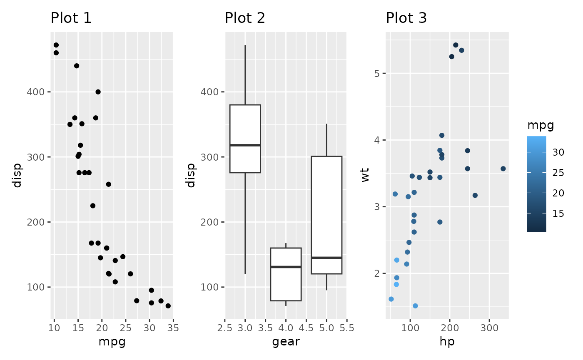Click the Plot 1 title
point(71,18)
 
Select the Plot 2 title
point(245,18)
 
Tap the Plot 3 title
point(406,18)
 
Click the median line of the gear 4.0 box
point(286,267)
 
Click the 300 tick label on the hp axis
point(489,327)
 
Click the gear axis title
point(286,342)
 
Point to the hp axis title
point(447,342)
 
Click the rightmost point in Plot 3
point(503,169)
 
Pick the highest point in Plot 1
point(56,45)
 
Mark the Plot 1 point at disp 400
point(98,92)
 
